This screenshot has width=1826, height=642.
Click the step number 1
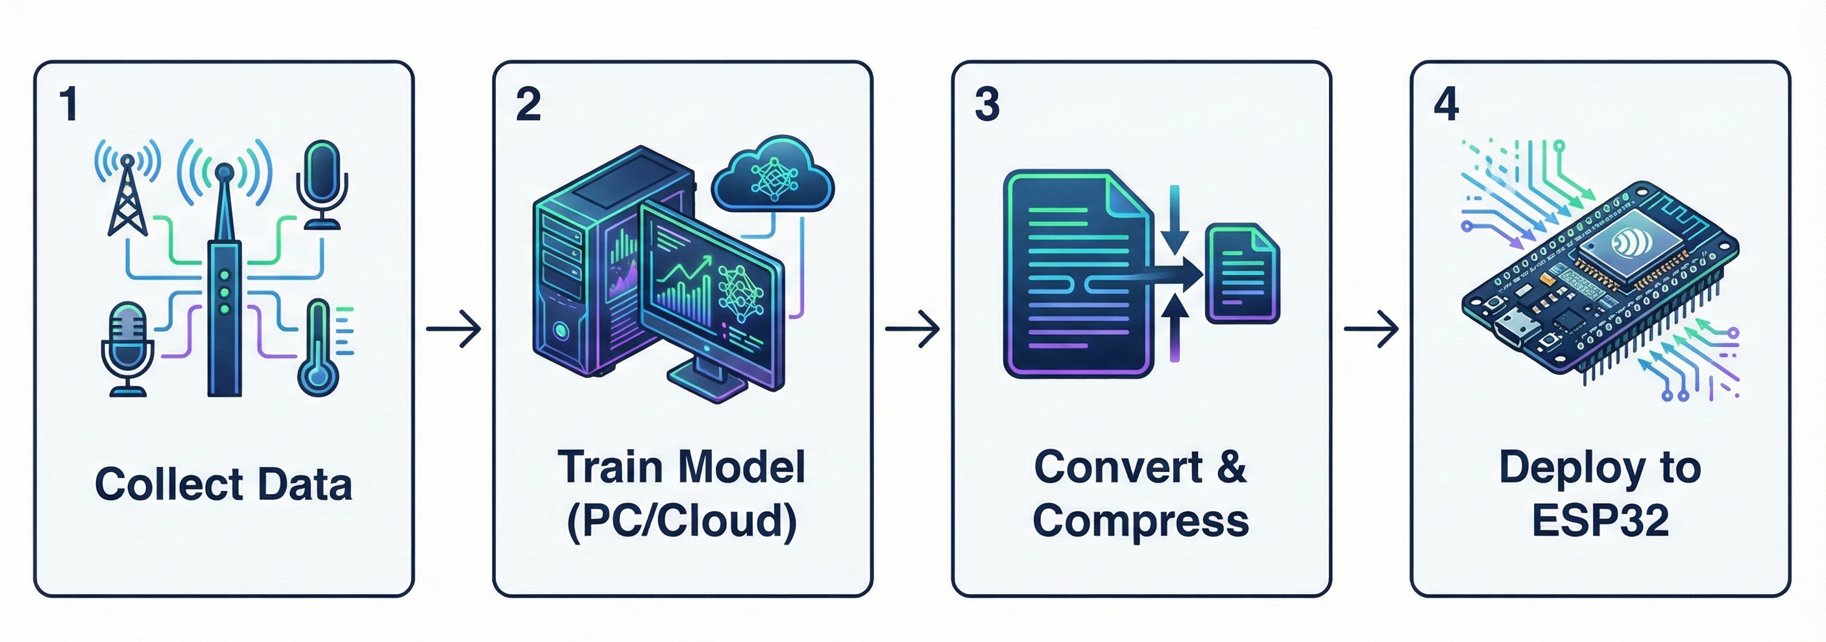point(69,105)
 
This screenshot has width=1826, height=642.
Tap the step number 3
point(987,105)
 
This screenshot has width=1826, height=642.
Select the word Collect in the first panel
point(169,484)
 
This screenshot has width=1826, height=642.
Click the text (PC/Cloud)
point(682,521)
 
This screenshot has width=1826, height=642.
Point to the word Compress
point(1141,521)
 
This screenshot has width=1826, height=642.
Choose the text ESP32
point(1600,521)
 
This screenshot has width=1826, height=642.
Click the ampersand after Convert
point(1232,468)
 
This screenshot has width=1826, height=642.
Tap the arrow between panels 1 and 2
point(454,328)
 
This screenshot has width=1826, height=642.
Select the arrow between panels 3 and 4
point(1371,328)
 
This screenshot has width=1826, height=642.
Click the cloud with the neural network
point(773,177)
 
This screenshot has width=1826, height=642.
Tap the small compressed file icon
point(1243,274)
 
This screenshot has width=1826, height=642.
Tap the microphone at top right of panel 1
point(321,183)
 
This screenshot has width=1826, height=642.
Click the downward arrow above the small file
point(1174,220)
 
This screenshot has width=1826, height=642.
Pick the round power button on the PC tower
point(561,329)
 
